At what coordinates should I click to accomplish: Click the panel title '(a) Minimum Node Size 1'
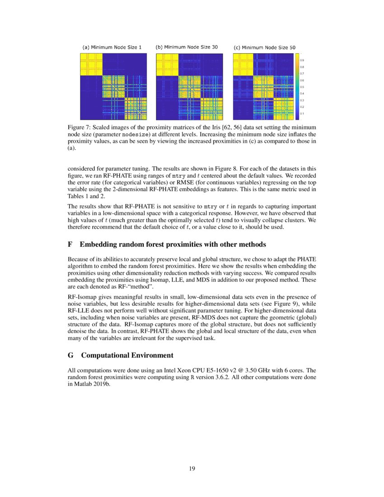pyautogui.click(x=112, y=47)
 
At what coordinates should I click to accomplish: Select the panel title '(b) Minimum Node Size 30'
pyautogui.click(x=187, y=47)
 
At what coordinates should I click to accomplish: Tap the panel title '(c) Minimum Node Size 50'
pyautogui.click(x=264, y=47)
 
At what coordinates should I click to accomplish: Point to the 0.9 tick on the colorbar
pyautogui.click(x=302, y=60)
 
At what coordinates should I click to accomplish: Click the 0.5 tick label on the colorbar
pyautogui.click(x=302, y=87)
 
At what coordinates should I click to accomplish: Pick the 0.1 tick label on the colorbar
pyautogui.click(x=302, y=113)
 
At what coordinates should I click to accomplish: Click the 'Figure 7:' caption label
pyautogui.click(x=79, y=128)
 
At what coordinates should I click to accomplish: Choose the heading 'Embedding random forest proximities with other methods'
pyautogui.click(x=173, y=244)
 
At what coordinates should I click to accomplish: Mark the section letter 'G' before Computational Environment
pyautogui.click(x=70, y=355)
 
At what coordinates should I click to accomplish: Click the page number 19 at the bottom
pyautogui.click(x=192, y=469)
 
